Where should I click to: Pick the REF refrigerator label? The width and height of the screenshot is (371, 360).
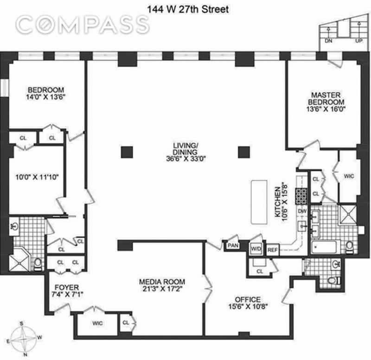coord(272,248)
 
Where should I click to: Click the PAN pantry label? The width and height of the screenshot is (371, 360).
coord(232,246)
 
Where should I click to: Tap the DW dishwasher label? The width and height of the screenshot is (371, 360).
coord(302,211)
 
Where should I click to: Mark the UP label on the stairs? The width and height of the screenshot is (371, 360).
coord(358,40)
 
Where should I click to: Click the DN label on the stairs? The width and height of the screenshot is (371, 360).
coord(329,40)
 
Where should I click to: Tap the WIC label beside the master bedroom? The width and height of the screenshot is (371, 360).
coord(348,176)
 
